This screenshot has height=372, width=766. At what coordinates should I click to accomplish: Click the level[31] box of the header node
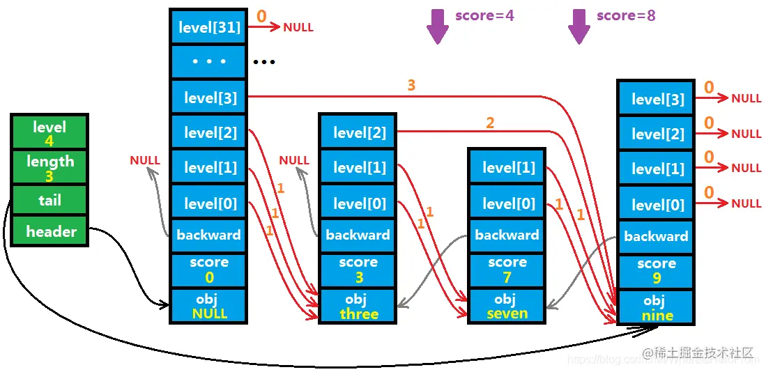point(208,28)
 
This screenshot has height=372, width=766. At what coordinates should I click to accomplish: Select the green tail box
point(49,201)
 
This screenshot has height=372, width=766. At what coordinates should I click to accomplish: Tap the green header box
point(49,231)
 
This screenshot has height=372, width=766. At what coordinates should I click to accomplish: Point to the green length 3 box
point(49,168)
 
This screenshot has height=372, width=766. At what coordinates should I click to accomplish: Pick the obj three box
point(358,307)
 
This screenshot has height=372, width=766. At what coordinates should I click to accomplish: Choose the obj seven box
point(507,306)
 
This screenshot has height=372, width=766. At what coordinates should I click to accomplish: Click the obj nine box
point(656,308)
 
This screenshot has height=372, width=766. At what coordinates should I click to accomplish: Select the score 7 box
point(507,270)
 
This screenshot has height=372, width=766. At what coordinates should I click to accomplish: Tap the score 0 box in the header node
point(208,270)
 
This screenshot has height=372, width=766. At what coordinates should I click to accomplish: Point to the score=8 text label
point(626,15)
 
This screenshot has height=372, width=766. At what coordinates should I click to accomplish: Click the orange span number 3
point(411,86)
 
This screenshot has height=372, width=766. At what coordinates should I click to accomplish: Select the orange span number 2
point(490,123)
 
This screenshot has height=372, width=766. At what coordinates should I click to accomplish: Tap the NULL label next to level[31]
point(298,28)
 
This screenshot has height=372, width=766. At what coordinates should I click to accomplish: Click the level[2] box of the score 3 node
point(358,132)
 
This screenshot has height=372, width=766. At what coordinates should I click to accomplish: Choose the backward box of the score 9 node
point(656,236)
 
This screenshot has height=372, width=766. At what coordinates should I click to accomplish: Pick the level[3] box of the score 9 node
point(656,99)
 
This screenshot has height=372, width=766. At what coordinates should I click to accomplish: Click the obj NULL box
point(208,307)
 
